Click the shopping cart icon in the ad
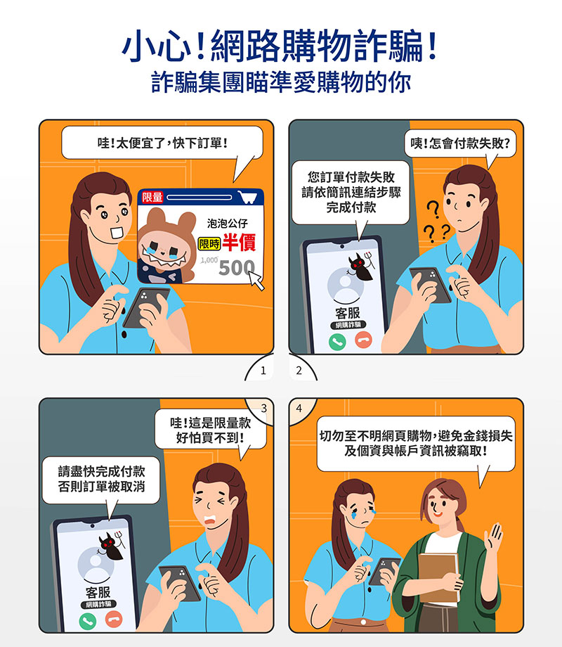(248, 197)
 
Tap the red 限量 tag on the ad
(152, 197)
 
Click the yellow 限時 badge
(209, 243)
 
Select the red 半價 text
(239, 242)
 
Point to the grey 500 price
(236, 268)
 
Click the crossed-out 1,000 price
(209, 260)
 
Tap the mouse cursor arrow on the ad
(256, 281)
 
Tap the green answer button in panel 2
(337, 342)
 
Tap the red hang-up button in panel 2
(363, 340)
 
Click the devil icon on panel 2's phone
(361, 266)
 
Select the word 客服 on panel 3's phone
(98, 592)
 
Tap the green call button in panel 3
(87, 621)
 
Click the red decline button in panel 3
(114, 619)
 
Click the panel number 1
(263, 371)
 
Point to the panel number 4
(299, 409)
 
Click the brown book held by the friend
(438, 577)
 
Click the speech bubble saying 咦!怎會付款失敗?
(460, 144)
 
